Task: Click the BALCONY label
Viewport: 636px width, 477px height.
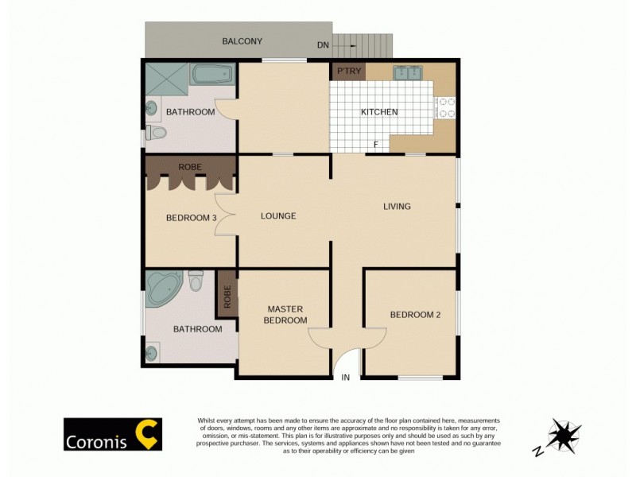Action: pyautogui.click(x=242, y=41)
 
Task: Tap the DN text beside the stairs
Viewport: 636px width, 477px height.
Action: pyautogui.click(x=323, y=45)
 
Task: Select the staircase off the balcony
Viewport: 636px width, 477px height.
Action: pyautogui.click(x=363, y=45)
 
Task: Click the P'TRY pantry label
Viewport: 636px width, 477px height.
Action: pyautogui.click(x=349, y=72)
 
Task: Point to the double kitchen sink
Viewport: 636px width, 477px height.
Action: pyautogui.click(x=409, y=73)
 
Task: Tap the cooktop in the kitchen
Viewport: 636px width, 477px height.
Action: pyautogui.click(x=446, y=107)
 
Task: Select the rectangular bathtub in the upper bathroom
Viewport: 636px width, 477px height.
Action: pyautogui.click(x=213, y=77)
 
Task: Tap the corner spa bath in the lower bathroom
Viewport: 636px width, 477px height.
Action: pyautogui.click(x=165, y=289)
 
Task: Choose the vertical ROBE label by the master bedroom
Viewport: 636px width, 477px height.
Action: pyautogui.click(x=227, y=297)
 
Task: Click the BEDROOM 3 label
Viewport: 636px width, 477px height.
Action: pyautogui.click(x=191, y=218)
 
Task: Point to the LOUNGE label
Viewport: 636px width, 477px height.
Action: pyautogui.click(x=278, y=216)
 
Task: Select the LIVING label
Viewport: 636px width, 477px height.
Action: pyautogui.click(x=397, y=207)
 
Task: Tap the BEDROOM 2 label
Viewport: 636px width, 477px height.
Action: pyautogui.click(x=415, y=315)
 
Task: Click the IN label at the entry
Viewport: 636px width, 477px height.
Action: pyautogui.click(x=345, y=378)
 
